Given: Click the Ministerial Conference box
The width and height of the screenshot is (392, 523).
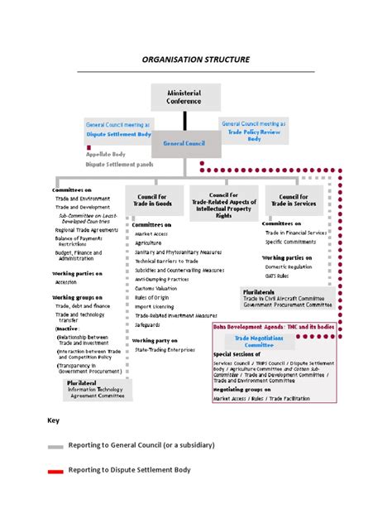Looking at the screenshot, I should click(x=184, y=98).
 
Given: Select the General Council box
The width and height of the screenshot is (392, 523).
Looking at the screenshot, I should click(x=184, y=143).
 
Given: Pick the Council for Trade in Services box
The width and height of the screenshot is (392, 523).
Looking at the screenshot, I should click(x=294, y=199).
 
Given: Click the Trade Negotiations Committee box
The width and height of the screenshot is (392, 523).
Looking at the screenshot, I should click(x=253, y=341).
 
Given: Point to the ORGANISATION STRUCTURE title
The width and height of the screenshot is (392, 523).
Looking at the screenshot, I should click(x=195, y=60).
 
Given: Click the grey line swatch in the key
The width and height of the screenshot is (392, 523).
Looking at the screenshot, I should click(x=55, y=446).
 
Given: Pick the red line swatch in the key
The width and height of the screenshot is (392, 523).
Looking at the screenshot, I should click(x=55, y=472).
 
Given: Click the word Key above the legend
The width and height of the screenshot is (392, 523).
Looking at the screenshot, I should click(x=53, y=420).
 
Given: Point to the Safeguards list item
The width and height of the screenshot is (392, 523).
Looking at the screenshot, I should click(x=150, y=324).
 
